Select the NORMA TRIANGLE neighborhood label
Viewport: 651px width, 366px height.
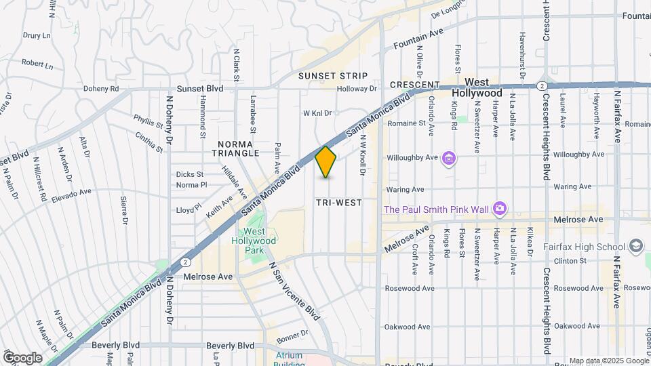(238, 148)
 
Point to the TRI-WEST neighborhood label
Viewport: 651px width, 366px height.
(338, 203)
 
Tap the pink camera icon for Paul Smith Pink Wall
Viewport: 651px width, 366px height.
(500, 208)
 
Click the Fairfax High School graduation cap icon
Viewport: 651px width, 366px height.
(636, 245)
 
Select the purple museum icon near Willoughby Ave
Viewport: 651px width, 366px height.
(448, 159)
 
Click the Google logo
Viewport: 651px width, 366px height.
(22, 357)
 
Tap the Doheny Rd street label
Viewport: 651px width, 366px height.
(101, 89)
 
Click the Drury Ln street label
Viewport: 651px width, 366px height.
(37, 35)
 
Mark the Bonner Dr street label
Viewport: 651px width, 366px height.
(292, 333)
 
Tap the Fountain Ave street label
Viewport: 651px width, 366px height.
(418, 39)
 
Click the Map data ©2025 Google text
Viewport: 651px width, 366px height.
(608, 361)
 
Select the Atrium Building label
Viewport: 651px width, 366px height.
(290, 359)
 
